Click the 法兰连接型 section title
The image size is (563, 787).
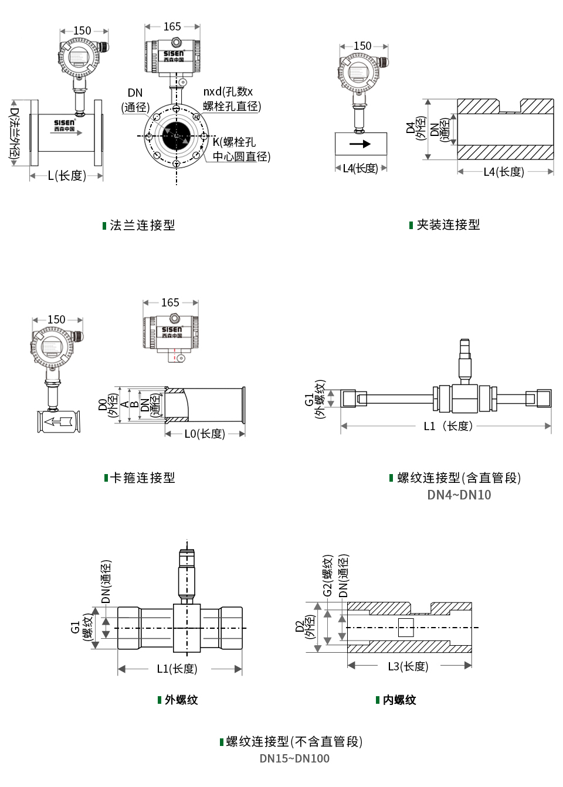[x=142, y=226]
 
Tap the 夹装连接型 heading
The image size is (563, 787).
[x=448, y=225]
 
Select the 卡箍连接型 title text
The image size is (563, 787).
[x=143, y=478]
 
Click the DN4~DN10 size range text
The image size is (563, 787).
[x=459, y=495]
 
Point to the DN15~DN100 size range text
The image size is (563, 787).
[x=294, y=759]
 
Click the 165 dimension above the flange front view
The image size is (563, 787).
[x=172, y=27]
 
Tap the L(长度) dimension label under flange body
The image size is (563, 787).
[x=67, y=176]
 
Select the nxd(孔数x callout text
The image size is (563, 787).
[x=228, y=92]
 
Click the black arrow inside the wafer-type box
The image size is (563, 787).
[x=360, y=144]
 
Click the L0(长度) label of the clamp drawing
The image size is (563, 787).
[x=205, y=434]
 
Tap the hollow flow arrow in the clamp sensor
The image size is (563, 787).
[x=57, y=421]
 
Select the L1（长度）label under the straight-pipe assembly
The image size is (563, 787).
[x=447, y=426]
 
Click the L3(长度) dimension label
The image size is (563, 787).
[x=408, y=667]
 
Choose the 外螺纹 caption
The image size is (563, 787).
[x=181, y=700]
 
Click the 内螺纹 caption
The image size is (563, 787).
[x=399, y=700]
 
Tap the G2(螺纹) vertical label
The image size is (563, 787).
[x=328, y=575]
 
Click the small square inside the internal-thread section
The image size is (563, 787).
[x=406, y=628]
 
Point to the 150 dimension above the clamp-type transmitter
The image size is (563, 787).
[x=56, y=320]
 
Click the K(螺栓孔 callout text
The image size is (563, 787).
[x=234, y=142]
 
